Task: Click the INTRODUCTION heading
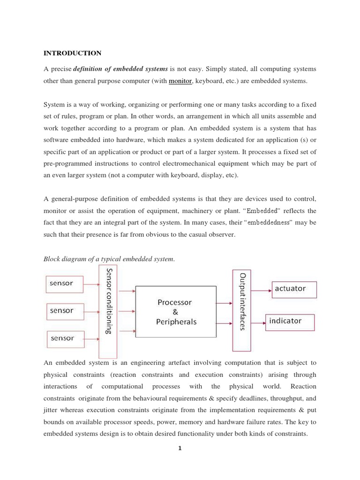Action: pyautogui.click(x=72, y=53)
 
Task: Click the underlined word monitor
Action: pyautogui.click(x=180, y=81)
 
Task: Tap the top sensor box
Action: pyautogui.click(x=64, y=284)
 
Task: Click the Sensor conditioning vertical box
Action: pyautogui.click(x=108, y=311)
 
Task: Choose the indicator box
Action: pyautogui.click(x=290, y=309)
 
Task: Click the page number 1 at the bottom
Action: pyautogui.click(x=180, y=448)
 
